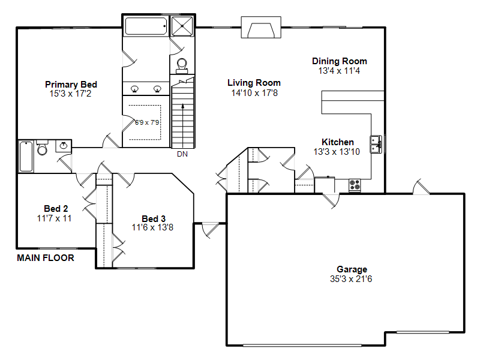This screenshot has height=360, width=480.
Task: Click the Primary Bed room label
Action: click(x=71, y=85)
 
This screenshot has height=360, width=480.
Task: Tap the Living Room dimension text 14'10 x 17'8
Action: click(x=254, y=93)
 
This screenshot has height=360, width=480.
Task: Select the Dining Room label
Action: click(x=340, y=61)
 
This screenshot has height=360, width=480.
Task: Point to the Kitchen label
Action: click(x=338, y=142)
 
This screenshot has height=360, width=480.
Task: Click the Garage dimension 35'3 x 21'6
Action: click(x=351, y=279)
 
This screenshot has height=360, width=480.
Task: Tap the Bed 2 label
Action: click(x=56, y=209)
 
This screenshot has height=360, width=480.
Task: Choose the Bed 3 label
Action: click(x=154, y=219)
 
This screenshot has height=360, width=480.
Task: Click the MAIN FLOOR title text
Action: click(x=46, y=258)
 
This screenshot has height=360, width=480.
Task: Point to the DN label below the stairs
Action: click(x=182, y=154)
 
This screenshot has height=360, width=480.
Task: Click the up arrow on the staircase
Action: click(x=183, y=125)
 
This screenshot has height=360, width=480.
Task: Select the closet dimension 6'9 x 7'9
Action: click(x=147, y=122)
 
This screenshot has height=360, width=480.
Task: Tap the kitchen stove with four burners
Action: click(x=355, y=185)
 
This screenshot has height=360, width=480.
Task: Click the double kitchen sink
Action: click(x=376, y=144)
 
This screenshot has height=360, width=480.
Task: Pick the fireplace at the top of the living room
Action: click(x=261, y=27)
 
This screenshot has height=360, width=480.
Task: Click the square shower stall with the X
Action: click(x=182, y=26)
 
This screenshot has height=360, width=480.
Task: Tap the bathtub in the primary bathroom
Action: click(x=146, y=26)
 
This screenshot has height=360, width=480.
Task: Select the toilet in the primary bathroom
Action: click(x=182, y=66)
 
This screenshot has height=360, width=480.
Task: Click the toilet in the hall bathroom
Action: click(x=42, y=148)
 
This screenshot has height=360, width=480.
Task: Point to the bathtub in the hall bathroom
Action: click(x=26, y=157)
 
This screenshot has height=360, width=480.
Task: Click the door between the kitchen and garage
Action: click(x=331, y=200)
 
